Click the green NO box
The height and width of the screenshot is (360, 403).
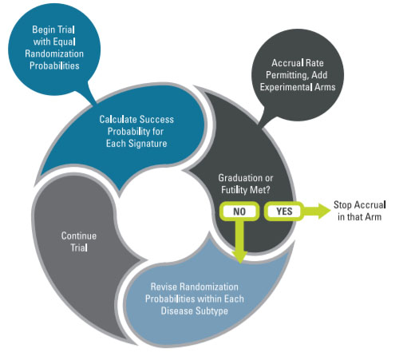tap(237, 212)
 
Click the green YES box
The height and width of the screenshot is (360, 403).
tap(283, 212)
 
